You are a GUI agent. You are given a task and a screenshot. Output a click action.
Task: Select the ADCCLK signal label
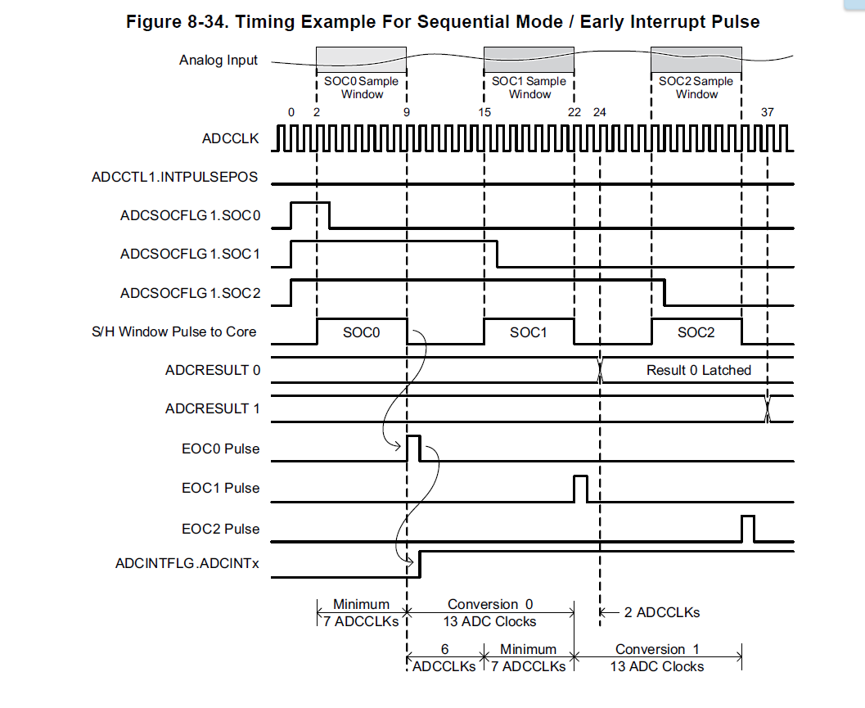[230, 138]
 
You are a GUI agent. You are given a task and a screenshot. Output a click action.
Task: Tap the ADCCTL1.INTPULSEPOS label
[174, 177]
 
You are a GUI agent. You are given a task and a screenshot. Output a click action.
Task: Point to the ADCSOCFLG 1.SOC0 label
[190, 216]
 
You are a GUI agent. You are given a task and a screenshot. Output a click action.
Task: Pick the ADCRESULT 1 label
[212, 408]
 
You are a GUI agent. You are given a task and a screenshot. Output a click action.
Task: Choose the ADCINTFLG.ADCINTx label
[187, 562]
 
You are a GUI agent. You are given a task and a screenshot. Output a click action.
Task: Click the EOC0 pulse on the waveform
[413, 449]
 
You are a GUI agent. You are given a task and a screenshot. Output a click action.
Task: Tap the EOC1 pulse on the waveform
[580, 488]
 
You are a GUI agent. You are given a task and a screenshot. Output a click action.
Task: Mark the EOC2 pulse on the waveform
[747, 529]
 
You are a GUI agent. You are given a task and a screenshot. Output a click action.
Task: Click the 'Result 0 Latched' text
[698, 370]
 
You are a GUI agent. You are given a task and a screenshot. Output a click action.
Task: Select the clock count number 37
[767, 112]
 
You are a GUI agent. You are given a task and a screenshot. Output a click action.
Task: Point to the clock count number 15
[485, 112]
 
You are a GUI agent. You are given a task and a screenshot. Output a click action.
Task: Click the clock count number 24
[599, 112]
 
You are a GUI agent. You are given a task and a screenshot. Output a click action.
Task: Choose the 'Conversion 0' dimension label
[490, 604]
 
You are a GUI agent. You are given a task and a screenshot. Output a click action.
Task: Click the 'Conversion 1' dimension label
[657, 649]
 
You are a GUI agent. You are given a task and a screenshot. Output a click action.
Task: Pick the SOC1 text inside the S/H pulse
[528, 332]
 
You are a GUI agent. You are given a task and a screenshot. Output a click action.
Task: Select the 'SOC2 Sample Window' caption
[696, 88]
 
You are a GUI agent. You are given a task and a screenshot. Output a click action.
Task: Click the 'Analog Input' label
[219, 60]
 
